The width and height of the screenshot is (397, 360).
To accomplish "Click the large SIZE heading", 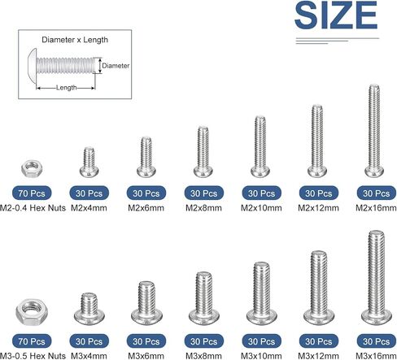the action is coord(336,15).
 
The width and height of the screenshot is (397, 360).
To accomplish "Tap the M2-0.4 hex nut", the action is coord(32,168).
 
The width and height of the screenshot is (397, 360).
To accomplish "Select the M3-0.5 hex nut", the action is coord(32,312).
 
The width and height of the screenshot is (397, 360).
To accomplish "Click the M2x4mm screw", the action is coord(89,163).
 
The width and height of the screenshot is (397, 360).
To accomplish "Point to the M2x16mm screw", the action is coord(374,131).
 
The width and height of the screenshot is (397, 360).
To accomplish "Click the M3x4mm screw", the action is coord(89,309).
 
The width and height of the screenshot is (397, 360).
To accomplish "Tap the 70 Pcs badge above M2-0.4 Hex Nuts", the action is coord(32,193).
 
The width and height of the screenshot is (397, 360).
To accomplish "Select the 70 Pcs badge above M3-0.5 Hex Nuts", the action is coord(32,341).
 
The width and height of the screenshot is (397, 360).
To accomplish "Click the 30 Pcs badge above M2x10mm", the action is coord(261,193).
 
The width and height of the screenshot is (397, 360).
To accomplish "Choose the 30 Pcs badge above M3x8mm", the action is coord(204,341).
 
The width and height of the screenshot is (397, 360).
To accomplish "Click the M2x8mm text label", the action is coord(203,208).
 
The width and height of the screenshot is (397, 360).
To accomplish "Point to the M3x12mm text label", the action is coord(318,356).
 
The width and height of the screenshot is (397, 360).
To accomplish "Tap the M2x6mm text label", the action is coord(146,208).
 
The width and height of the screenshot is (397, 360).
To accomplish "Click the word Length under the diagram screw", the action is coord(66,88).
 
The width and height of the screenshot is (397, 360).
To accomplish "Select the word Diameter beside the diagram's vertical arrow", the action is coord(116,66).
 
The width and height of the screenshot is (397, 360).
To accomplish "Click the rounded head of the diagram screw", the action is coord(33,65).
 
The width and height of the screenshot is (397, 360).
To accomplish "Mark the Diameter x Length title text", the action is coord(75,40).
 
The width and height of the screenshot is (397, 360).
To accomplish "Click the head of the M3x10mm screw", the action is coord(262,318).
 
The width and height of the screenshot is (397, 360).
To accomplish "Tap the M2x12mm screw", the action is coord(317,141).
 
